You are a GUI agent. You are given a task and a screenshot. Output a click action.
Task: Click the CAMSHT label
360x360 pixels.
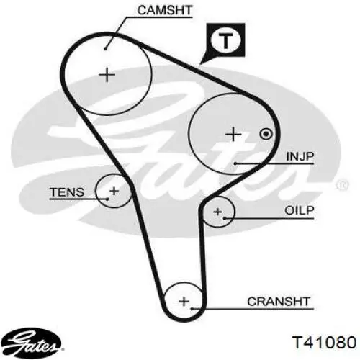(165, 10)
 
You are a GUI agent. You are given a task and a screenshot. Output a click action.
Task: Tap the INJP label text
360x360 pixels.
(300, 156)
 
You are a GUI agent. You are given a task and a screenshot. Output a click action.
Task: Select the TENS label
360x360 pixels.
(67, 192)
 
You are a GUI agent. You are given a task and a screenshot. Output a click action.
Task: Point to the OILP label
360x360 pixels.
(300, 210)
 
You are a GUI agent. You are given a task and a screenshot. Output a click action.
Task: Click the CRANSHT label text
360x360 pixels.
(279, 302)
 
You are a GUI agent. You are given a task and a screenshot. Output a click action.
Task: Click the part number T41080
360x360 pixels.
(324, 342)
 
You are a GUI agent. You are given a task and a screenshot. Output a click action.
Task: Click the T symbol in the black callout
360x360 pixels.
(225, 40)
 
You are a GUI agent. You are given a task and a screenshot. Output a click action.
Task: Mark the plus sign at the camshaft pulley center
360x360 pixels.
(107, 75)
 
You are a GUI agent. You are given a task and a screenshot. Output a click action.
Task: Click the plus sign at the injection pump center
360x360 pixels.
(233, 134)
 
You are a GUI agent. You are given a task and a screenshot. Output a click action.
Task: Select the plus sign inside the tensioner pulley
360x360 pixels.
(114, 191)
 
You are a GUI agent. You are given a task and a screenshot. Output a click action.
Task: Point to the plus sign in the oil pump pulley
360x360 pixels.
(217, 212)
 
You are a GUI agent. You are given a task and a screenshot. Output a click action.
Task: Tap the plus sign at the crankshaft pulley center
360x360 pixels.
(184, 302)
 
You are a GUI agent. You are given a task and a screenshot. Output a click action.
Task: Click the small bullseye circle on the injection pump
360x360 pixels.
(266, 134)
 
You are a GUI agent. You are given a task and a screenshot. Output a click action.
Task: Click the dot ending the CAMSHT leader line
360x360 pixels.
(105, 49)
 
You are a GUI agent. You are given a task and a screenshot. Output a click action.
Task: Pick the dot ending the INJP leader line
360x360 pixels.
(235, 163)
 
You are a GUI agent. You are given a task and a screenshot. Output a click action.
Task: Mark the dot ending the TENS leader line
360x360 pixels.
(108, 199)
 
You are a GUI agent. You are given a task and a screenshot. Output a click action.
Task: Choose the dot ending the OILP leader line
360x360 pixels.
(225, 218)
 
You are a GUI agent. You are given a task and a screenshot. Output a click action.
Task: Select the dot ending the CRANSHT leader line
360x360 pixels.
(192, 309)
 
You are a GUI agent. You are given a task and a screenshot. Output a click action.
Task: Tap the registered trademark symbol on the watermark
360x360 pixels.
(342, 185)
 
